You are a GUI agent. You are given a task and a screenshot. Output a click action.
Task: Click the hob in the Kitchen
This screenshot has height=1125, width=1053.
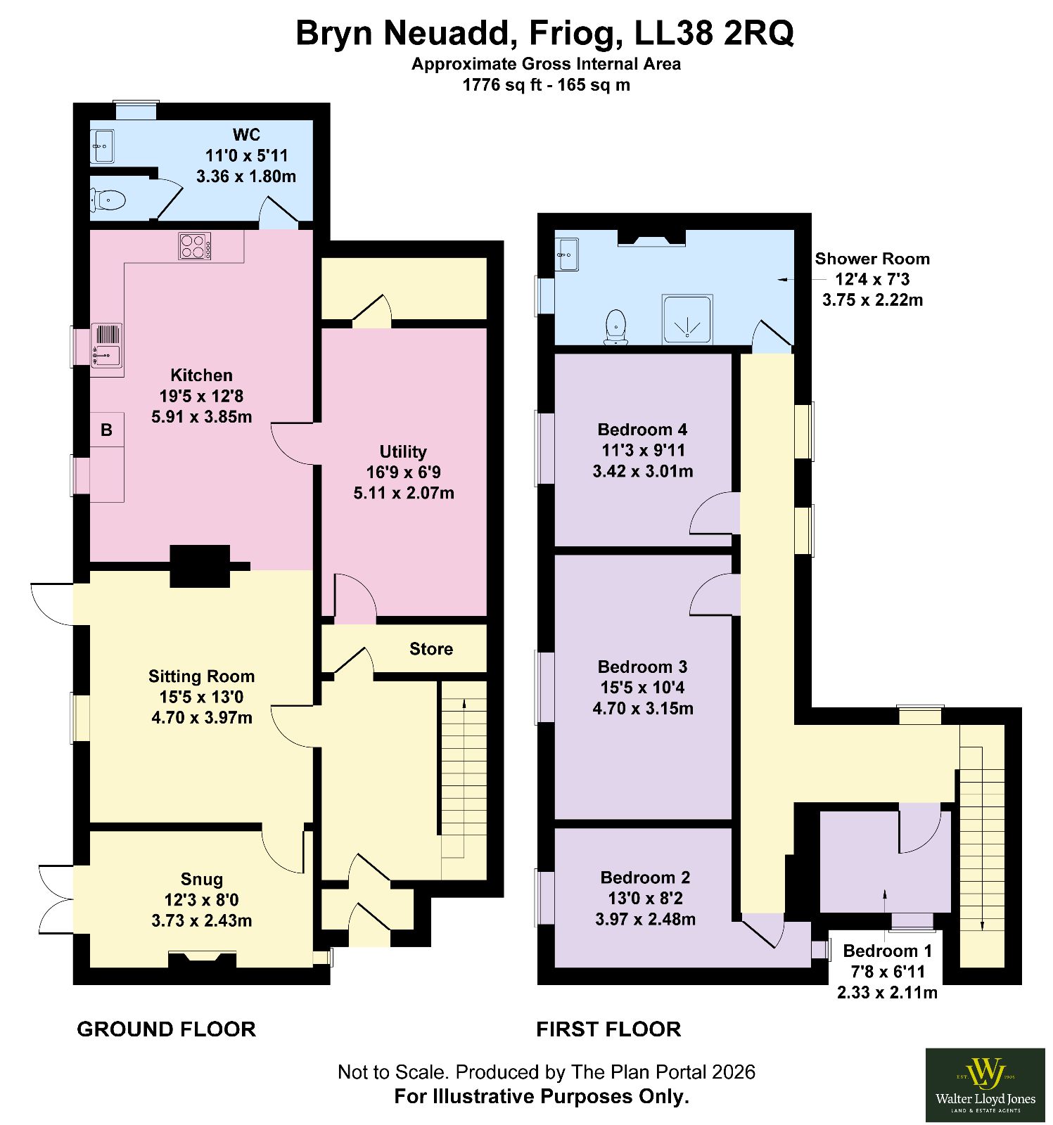pos(195,246)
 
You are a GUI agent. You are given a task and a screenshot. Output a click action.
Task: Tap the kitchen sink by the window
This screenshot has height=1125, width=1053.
pos(106,345)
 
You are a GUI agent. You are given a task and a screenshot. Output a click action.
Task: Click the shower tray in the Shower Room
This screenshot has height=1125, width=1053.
pos(687,319)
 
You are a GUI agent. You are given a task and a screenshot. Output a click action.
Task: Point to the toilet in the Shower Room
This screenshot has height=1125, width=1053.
pos(616,327)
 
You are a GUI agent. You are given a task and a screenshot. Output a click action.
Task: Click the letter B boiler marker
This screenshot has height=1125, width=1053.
pos(106,430)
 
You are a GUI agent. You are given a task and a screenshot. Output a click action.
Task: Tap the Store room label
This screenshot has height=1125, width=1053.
pos(431,649)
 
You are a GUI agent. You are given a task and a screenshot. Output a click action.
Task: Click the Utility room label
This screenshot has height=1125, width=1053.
pos(403,451)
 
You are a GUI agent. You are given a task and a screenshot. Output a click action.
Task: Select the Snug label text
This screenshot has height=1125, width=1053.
pos(202,879)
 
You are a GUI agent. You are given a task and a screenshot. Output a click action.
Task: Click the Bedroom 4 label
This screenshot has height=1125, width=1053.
pos(642,430)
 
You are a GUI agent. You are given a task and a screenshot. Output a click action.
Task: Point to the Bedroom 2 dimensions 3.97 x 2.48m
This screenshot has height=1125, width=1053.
pos(646,919)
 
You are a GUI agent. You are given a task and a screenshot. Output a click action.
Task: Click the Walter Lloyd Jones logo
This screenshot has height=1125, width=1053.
pos(985,1085)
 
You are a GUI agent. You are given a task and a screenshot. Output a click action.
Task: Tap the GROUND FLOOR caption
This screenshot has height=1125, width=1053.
pos(166,1029)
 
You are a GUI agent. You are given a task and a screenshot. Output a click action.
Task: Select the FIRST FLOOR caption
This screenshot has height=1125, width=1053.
pos(608,1029)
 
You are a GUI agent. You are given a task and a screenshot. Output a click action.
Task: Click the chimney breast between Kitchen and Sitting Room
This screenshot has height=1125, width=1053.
pos(200,566)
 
